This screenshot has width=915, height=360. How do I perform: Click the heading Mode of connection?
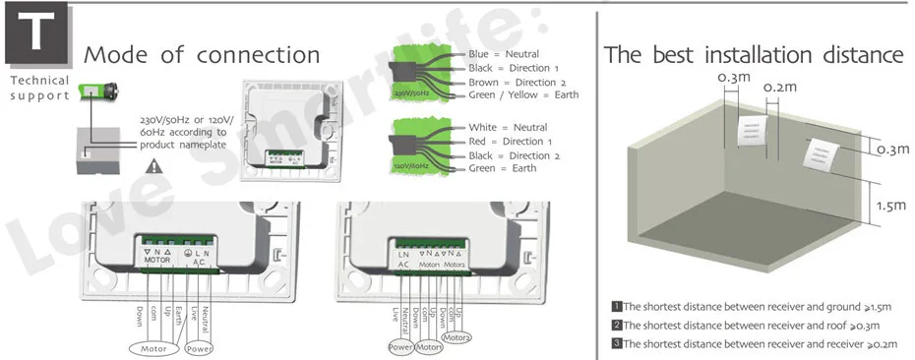click(x=203, y=54)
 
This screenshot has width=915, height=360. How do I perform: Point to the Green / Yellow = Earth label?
click(x=523, y=95)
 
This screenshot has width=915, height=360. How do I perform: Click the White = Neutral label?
click(x=508, y=128)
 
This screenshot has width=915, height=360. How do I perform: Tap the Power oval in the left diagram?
click(x=200, y=348)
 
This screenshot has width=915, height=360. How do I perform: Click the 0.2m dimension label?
click(x=779, y=89)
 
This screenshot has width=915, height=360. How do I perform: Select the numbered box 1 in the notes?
click(x=616, y=307)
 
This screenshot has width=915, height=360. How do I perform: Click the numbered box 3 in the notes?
click(x=616, y=343)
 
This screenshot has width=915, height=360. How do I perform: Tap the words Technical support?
click(x=39, y=89)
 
